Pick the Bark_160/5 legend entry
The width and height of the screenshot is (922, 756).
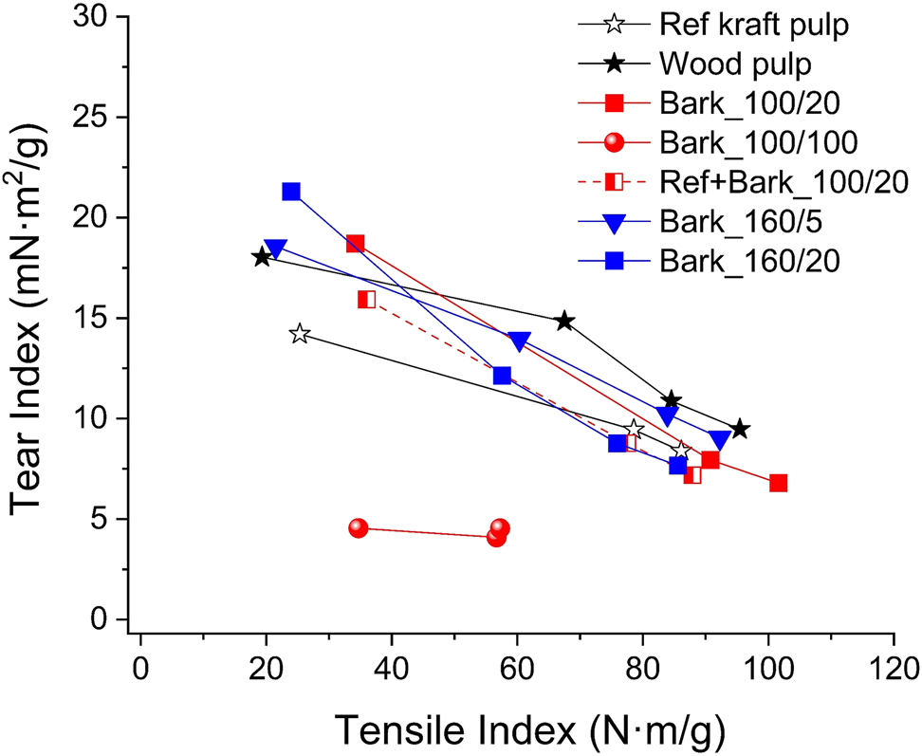coord(735,221)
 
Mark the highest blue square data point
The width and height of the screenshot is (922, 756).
coord(291,192)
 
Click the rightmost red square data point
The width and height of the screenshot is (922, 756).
coord(778,483)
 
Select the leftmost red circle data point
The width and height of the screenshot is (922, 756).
coord(358,527)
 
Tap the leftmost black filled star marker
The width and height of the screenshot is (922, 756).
coord(261,257)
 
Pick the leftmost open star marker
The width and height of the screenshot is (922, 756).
coord(300,334)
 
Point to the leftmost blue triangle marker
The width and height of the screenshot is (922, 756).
coord(275,249)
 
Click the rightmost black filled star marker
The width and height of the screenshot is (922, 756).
coord(740,429)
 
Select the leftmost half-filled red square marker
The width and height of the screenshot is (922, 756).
coord(366,300)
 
